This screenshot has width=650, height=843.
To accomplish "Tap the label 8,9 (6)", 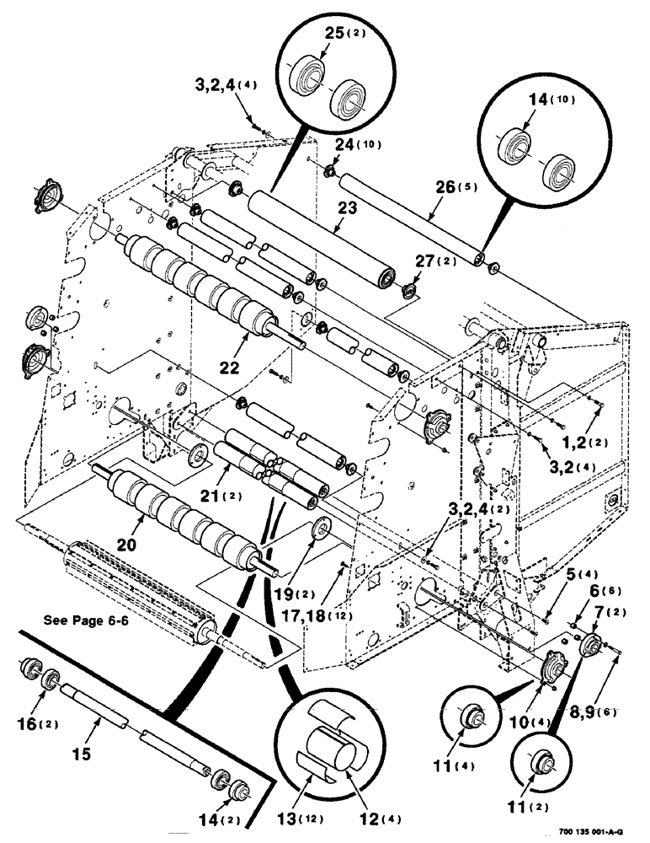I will click(x=594, y=711).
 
